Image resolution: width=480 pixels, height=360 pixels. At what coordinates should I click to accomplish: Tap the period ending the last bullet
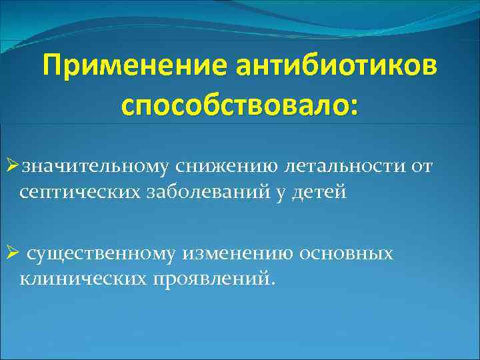coord(271,283)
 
